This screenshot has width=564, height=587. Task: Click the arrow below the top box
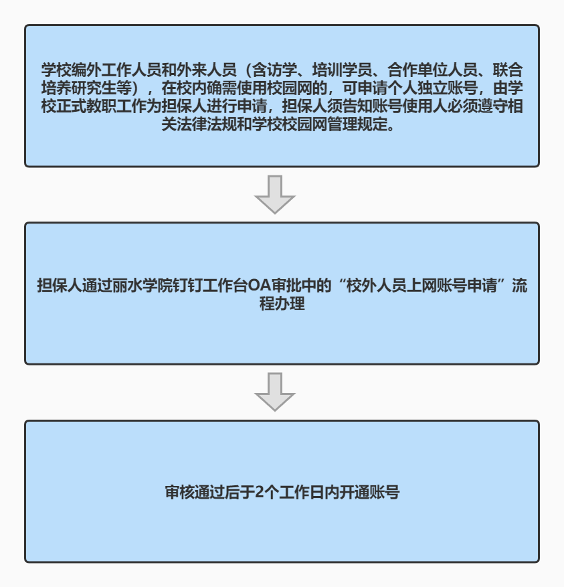click(x=275, y=194)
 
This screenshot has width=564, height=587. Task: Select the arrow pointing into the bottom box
click(x=275, y=392)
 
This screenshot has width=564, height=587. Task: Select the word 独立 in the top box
click(x=433, y=88)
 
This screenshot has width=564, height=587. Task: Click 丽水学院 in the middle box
click(x=143, y=286)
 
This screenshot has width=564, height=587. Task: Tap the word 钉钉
click(x=188, y=286)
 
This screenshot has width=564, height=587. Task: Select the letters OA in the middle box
click(x=260, y=286)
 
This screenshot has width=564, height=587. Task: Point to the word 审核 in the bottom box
click(x=180, y=493)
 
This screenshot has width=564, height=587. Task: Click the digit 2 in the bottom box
click(x=260, y=493)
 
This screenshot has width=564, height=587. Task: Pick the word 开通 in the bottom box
click(x=354, y=493)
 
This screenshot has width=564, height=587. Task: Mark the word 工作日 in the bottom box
click(x=302, y=493)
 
